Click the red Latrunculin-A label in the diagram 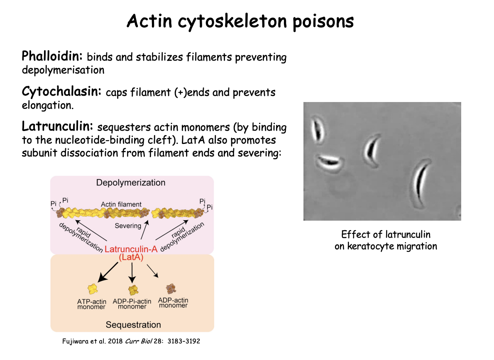tap(131, 249)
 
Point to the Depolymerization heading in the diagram tap(131, 182)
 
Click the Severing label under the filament tap(128, 226)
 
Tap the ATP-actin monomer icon tap(92, 289)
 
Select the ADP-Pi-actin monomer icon tap(132, 289)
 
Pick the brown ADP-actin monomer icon tap(171, 288)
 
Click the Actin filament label tap(121, 204)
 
